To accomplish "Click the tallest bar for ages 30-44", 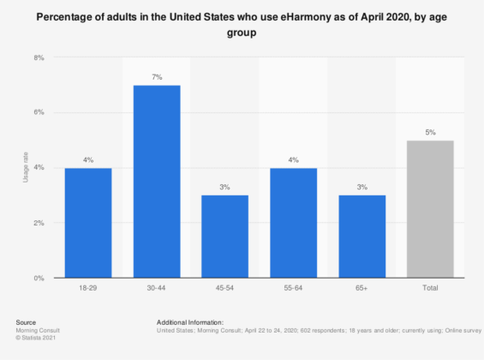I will tap(156, 182).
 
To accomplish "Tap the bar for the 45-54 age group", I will tap(224, 237).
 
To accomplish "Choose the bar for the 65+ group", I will tap(362, 237).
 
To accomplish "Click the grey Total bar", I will tap(430, 209).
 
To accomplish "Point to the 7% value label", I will tap(156, 78).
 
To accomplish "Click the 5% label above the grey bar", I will tap(430, 133).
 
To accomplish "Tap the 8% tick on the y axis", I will tap(39, 57).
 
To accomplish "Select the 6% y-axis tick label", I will tap(39, 112).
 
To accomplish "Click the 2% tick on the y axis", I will tap(39, 223).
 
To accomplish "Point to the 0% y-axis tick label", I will tap(39, 278).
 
